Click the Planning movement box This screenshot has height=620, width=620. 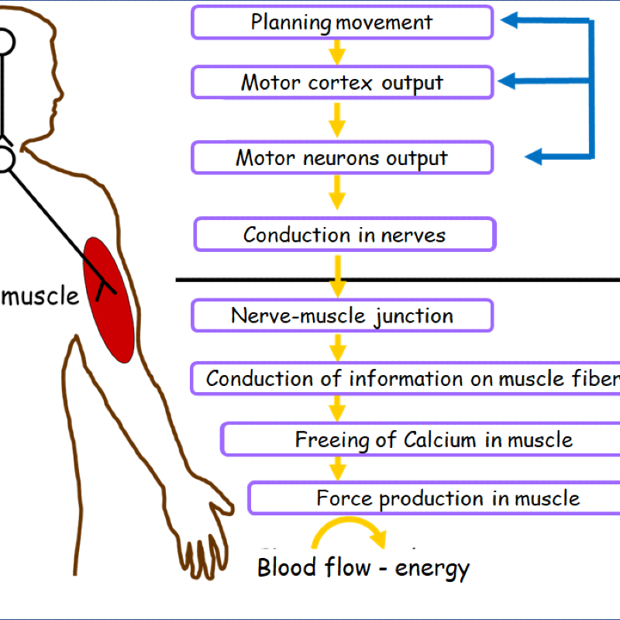[342, 22]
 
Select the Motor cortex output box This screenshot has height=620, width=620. [342, 82]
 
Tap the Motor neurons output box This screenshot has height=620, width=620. [342, 158]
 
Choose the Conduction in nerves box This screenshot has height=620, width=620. [344, 234]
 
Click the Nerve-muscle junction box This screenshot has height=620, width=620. [342, 315]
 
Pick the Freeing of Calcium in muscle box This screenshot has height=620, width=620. [433, 439]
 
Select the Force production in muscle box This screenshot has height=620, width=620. [448, 498]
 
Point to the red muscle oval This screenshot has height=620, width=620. [109, 299]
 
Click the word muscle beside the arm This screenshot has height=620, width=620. [40, 295]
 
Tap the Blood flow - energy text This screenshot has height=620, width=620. [363, 568]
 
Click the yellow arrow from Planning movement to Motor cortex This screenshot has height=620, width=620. [336, 52]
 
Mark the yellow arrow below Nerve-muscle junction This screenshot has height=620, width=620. [336, 346]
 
